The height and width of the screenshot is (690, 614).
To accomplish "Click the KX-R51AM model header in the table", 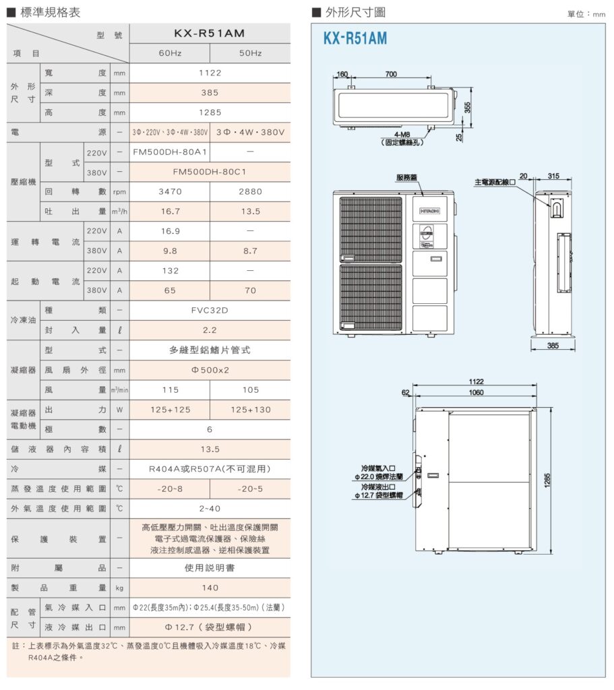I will [209, 33].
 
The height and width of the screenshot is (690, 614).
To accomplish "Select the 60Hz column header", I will [169, 53].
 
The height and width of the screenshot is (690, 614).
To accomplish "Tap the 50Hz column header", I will [250, 53].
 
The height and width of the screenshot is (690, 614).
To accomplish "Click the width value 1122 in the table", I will [210, 73].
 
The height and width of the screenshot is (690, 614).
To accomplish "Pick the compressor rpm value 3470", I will [169, 191].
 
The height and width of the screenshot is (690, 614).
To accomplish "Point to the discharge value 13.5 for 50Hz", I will [250, 211].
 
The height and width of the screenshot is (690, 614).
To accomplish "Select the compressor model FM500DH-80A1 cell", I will [169, 152].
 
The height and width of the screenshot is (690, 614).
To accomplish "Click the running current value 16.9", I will [169, 231].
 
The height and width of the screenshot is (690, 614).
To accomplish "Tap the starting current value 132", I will [169, 270].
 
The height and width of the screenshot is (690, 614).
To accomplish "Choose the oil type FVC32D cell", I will [210, 310].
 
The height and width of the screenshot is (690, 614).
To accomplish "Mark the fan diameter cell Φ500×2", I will [210, 370].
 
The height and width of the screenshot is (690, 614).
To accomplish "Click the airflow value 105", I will [250, 389].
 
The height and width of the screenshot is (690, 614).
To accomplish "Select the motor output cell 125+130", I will [250, 410].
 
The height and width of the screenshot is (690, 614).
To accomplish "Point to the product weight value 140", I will [210, 588].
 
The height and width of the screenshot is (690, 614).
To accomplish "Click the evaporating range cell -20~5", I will [250, 489].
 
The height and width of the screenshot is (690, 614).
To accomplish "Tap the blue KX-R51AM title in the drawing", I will [355, 39].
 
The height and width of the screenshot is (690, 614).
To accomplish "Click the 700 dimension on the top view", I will [391, 74].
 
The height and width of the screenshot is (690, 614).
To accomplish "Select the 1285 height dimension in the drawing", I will [547, 479].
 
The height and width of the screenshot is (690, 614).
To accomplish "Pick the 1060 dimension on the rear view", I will [476, 392].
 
